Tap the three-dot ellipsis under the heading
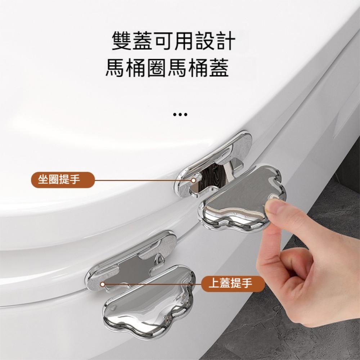coord(180,115)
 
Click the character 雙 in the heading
coord(122,42)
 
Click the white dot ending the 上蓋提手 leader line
coord(102,284)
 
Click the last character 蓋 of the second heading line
coord(219,68)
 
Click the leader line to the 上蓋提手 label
coord(155,284)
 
